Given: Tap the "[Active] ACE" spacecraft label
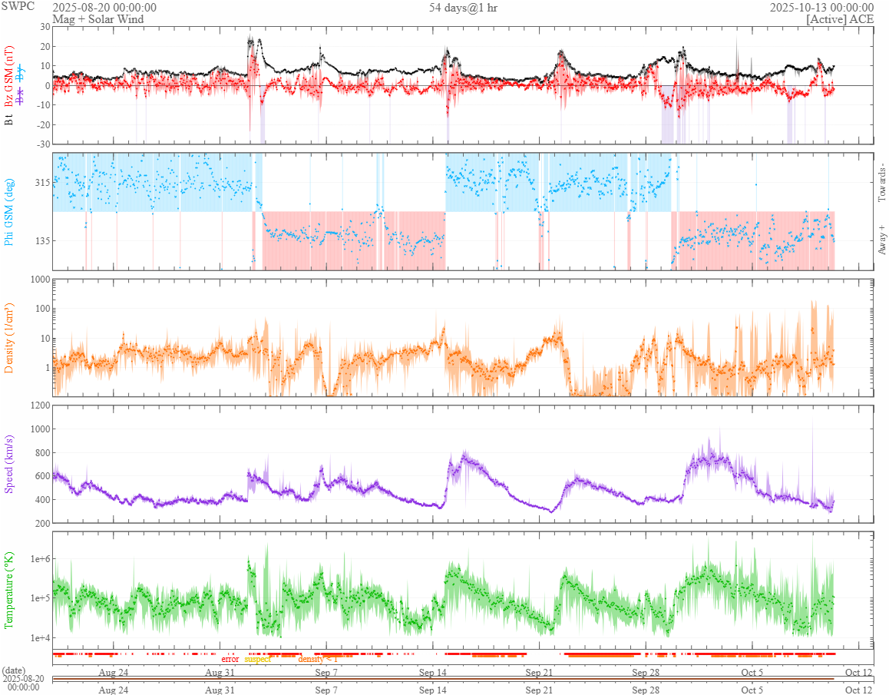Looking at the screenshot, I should (840, 19).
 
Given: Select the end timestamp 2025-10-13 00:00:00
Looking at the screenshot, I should (821, 8).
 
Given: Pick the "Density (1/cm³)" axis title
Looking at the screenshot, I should (10, 338).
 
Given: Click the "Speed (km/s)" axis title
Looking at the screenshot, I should (10, 463).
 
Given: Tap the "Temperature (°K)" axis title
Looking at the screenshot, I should (10, 590).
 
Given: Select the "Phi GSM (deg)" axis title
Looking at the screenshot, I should (10, 211).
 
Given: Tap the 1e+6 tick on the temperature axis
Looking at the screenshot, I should (37, 558).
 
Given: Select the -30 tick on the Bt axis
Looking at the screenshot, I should (41, 144).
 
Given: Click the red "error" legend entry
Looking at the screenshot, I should (230, 659).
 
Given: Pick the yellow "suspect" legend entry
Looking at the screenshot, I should (258, 659).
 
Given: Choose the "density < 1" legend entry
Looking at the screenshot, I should (317, 659).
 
